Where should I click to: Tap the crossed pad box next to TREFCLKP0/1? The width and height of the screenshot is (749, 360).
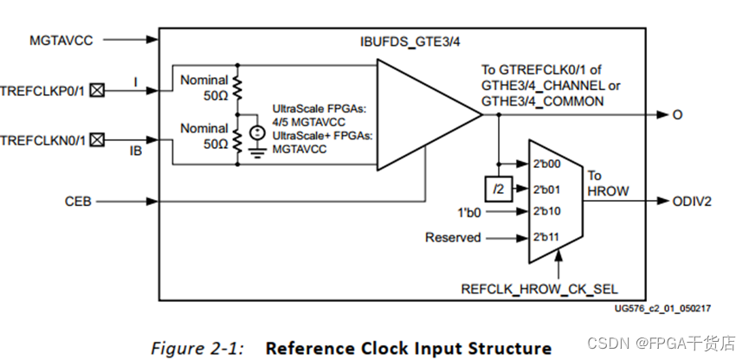click(x=98, y=89)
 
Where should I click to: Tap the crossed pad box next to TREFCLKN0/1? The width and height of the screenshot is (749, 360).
click(x=98, y=139)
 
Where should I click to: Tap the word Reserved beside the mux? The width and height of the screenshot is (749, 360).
click(x=452, y=237)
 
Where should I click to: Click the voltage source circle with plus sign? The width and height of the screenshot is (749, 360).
click(x=255, y=133)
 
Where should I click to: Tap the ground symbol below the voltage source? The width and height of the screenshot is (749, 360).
click(x=255, y=151)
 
